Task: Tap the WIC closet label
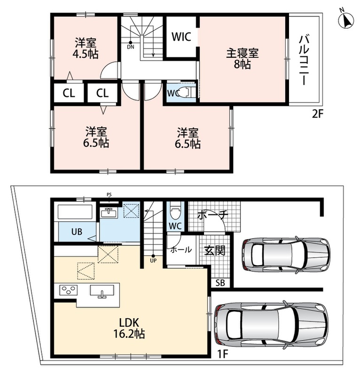pos(181,37)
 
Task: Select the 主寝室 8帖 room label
pos(242,59)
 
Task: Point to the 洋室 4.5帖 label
pos(86,48)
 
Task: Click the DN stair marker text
pos(131,47)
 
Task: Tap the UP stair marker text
pos(153,260)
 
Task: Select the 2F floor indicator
pos(318,114)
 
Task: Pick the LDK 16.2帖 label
pos(129,328)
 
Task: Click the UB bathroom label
pos(77,232)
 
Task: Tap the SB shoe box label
pos(220,283)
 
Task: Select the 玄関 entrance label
pos(214,251)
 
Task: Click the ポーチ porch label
pos(212,215)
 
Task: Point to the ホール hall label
pos(181,250)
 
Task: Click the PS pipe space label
pos(109,195)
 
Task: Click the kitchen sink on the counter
pos(102,291)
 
